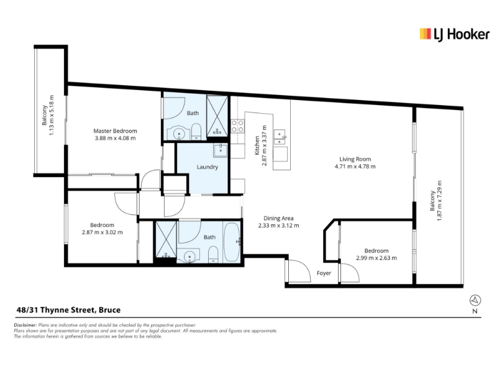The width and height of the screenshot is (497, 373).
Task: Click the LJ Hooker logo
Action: click(454, 34)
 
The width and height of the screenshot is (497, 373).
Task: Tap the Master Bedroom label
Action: click(115, 131)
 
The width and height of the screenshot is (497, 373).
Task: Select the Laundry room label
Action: click(207, 167)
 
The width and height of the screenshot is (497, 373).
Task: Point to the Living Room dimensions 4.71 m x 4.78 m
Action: click(355, 166)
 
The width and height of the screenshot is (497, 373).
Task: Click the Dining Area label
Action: click(278, 218)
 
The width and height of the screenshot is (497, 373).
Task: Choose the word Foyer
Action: click(324, 273)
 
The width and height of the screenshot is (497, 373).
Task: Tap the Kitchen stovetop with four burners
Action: click(237, 126)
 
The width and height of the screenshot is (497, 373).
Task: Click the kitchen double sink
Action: click(280, 137)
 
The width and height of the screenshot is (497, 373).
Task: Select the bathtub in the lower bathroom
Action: click(232, 242)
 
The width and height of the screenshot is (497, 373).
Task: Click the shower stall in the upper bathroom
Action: click(217, 116)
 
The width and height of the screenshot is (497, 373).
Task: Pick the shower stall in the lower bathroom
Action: click(166, 239)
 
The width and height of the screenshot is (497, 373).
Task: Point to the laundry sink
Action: click(221, 150)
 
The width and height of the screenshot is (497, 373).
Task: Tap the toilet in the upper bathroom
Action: click(196, 132)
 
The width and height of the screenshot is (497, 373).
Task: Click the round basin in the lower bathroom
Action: click(189, 256)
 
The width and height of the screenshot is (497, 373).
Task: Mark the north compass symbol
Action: click(475, 300)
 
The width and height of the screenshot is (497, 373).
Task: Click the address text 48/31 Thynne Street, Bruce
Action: click(68, 310)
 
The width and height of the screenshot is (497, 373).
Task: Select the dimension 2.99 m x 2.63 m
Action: click(376, 258)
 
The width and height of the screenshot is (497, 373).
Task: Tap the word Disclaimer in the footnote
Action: click(25, 325)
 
